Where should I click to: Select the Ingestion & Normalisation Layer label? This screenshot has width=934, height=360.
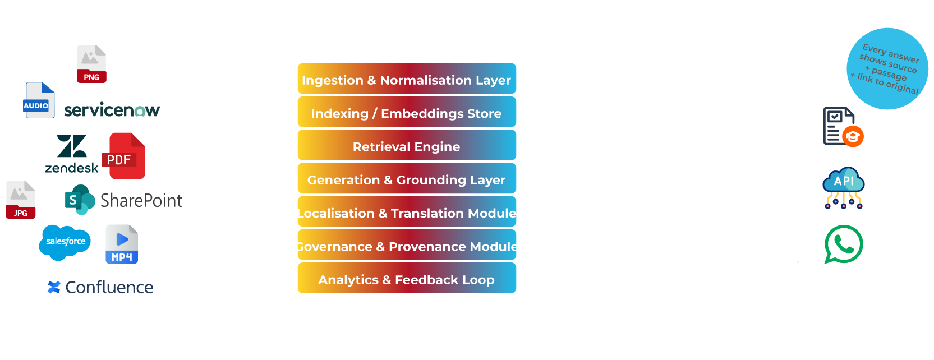pos(406,80)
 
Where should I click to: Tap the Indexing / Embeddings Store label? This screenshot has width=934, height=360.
pos(406,114)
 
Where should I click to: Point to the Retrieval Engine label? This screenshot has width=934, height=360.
pos(406,147)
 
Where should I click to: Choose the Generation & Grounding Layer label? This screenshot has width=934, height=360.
pos(406,180)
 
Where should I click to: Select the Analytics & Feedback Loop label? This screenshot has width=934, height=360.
pos(406,280)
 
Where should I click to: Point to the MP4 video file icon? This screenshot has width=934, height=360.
pos(122,245)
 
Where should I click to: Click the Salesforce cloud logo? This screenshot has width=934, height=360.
pos(66,241)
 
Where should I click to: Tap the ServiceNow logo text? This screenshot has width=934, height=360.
pos(112,110)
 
